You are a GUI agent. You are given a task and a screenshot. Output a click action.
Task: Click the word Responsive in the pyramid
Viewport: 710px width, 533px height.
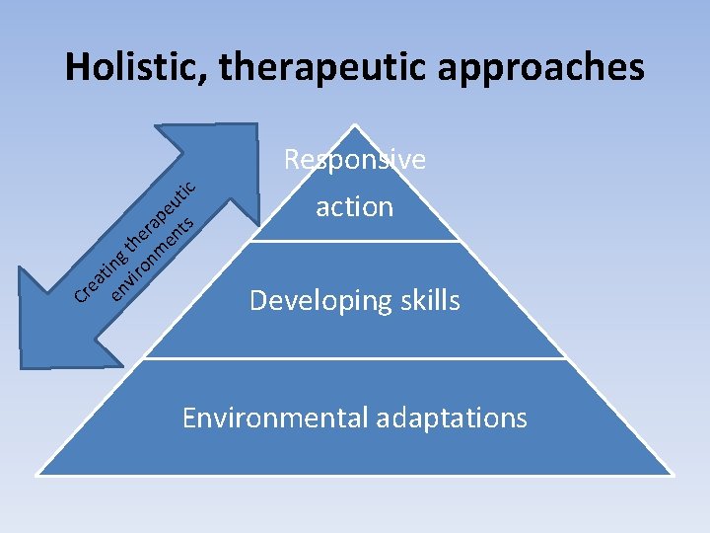tap(355, 160)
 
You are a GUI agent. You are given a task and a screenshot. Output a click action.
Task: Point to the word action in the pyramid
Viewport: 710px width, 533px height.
tap(355, 207)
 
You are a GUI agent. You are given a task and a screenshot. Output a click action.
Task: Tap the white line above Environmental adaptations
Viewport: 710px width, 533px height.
tap(355, 358)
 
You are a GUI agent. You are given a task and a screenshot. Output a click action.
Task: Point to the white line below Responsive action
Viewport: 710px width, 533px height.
tap(355, 241)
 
